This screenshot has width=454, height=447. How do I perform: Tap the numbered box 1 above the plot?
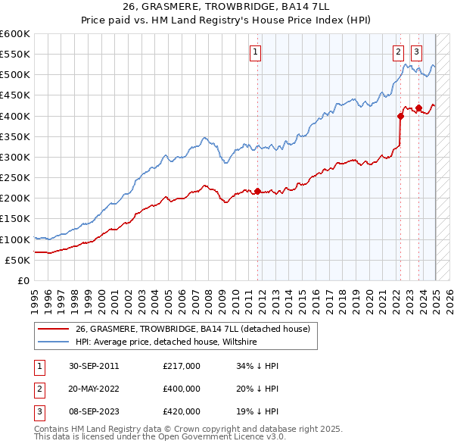256,52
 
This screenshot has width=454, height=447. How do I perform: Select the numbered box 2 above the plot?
398,52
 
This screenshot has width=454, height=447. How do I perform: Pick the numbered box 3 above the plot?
416,52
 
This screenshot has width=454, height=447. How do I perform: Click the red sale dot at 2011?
257,191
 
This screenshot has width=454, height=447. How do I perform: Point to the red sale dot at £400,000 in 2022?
400,116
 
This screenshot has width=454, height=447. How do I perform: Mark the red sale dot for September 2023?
418,108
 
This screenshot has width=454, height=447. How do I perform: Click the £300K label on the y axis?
14,157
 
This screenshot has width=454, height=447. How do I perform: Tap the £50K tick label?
17,260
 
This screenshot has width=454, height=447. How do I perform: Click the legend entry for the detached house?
193,329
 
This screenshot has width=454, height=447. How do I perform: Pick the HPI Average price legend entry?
166,342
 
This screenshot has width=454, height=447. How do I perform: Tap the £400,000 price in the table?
182,389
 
